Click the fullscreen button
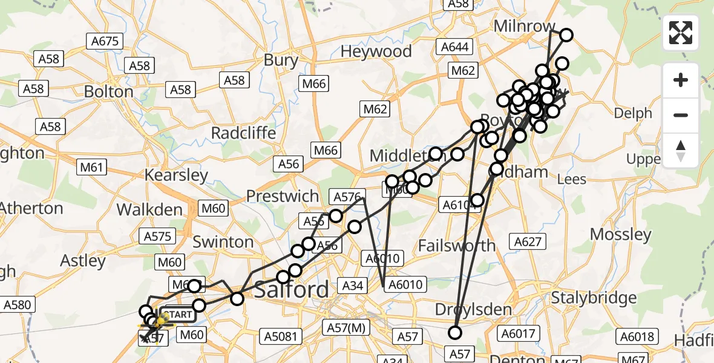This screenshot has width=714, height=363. tap(681, 33)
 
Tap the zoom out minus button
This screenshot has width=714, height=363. tap(681, 115)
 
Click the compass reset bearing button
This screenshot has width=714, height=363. tap(681, 151)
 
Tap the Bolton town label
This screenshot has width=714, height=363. tap(109, 92)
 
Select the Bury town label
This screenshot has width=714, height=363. tap(281, 60)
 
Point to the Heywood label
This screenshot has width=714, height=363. tap(376, 52)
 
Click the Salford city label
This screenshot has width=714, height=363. tap(292, 290)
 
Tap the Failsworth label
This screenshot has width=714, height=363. tap(457, 246)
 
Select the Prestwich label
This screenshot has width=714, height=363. tap(282, 197)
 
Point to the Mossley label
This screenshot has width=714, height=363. tap(620, 235)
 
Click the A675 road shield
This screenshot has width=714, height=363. tap(105, 41)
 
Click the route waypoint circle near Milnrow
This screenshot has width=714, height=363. tap(566, 35)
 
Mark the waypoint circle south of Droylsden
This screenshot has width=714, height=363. tap(454, 332)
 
